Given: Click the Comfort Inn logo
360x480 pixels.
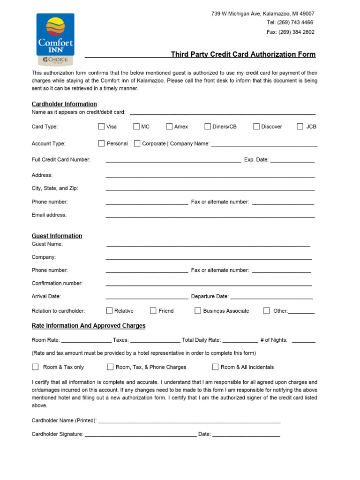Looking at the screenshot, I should coord(55,40).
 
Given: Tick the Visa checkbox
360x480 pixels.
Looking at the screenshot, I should coord(101,126).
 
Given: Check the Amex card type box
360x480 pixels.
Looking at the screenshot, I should coord(169,126).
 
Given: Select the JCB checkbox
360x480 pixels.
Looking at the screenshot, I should coord(300,126).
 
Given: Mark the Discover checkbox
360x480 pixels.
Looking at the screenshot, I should coord(256,126).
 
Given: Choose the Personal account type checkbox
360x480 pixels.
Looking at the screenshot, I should coord(101,143).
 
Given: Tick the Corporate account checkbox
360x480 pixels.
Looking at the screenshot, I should coord(137,143).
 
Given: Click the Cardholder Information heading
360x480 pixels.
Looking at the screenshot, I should coord(64,104).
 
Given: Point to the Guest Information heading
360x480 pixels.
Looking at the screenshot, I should coord(57,236).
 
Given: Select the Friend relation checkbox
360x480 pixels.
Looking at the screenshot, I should coord(153,310).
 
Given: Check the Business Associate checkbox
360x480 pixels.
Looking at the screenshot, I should coord(198,310).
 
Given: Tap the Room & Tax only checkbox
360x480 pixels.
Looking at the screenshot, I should coord(35,367).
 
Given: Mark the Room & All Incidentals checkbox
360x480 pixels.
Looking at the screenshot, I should coord(216,367).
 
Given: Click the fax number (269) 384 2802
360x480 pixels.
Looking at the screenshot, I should coord(297,32).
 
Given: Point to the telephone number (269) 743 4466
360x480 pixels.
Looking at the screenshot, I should coord(297,22).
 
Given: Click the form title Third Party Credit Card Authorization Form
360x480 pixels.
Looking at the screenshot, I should coord(243,54).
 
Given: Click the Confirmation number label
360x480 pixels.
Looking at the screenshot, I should coord(57,283).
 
